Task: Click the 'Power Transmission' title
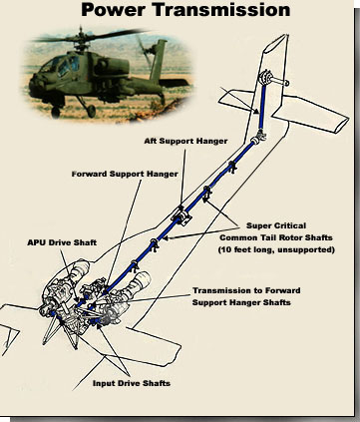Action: coord(185,9)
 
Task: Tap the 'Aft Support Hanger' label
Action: coord(185,141)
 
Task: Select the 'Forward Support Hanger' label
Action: coord(125,174)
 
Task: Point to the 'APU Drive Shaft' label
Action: coord(62,242)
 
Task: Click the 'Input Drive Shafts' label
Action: coord(132,383)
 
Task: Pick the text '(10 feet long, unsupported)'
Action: coord(276,249)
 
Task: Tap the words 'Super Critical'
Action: coord(276,225)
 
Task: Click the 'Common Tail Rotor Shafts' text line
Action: coord(276,237)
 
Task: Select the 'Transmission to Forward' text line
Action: coord(246,290)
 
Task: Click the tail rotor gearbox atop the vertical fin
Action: coord(266,79)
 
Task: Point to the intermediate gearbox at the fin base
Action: coord(258,138)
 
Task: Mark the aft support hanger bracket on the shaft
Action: coord(181,216)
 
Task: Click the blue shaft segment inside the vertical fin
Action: coord(262,108)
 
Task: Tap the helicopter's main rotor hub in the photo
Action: coord(81,40)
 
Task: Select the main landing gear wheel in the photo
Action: coord(91,112)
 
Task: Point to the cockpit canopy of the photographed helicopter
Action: coord(64,66)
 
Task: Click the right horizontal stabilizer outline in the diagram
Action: coord(311,113)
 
